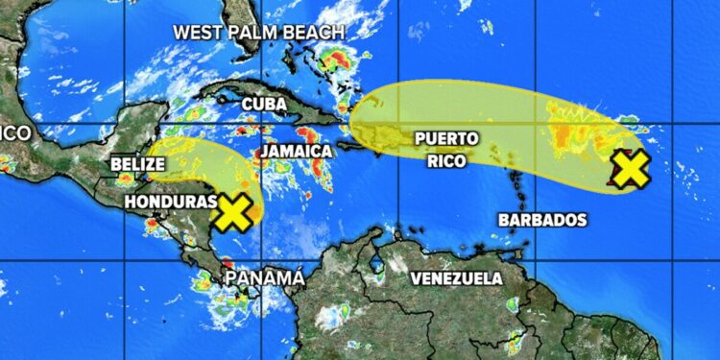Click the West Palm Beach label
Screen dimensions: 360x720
pyautogui.click(x=258, y=32)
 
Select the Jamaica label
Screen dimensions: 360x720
pyautogui.click(x=296, y=152)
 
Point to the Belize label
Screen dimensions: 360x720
pyautogui.click(x=138, y=164)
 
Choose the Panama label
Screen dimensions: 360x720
pyautogui.click(x=263, y=278)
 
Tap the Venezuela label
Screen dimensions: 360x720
pyautogui.click(x=456, y=278)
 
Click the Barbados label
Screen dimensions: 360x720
pyautogui.click(x=542, y=220)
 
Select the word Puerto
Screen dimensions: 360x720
pyautogui.click(x=445, y=139)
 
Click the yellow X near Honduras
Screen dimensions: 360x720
pyautogui.click(x=233, y=213)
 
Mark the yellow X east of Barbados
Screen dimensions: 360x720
pyautogui.click(x=631, y=170)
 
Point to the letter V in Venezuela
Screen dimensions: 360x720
pyautogui.click(x=417, y=278)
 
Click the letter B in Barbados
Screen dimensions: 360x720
pyautogui.click(x=504, y=220)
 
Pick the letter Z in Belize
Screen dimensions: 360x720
pyautogui.click(x=152, y=164)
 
